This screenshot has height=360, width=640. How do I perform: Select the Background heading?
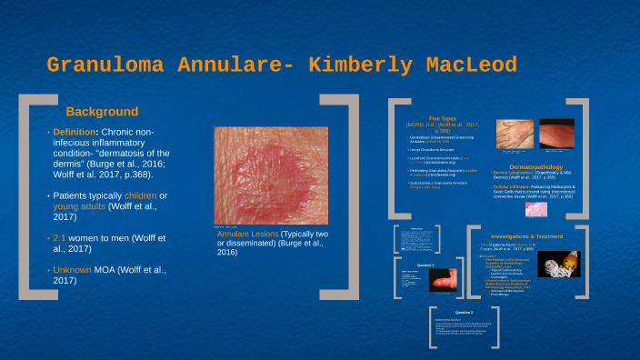pyautogui.click(x=102, y=112)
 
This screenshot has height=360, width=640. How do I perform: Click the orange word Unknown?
pyautogui.click(x=78, y=269)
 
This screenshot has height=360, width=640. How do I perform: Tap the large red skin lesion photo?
pyautogui.click(x=260, y=175)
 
